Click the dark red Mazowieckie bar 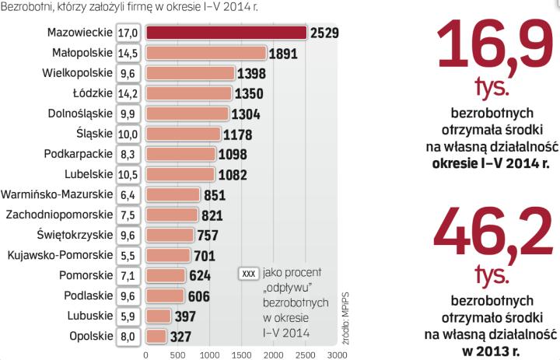[x=226, y=32]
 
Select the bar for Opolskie [x=156, y=336]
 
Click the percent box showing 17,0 [x=128, y=33]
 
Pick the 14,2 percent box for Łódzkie [x=128, y=93]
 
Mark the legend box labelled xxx [x=249, y=274]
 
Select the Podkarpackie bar [x=181, y=154]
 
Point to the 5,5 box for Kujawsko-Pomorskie [x=128, y=255]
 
